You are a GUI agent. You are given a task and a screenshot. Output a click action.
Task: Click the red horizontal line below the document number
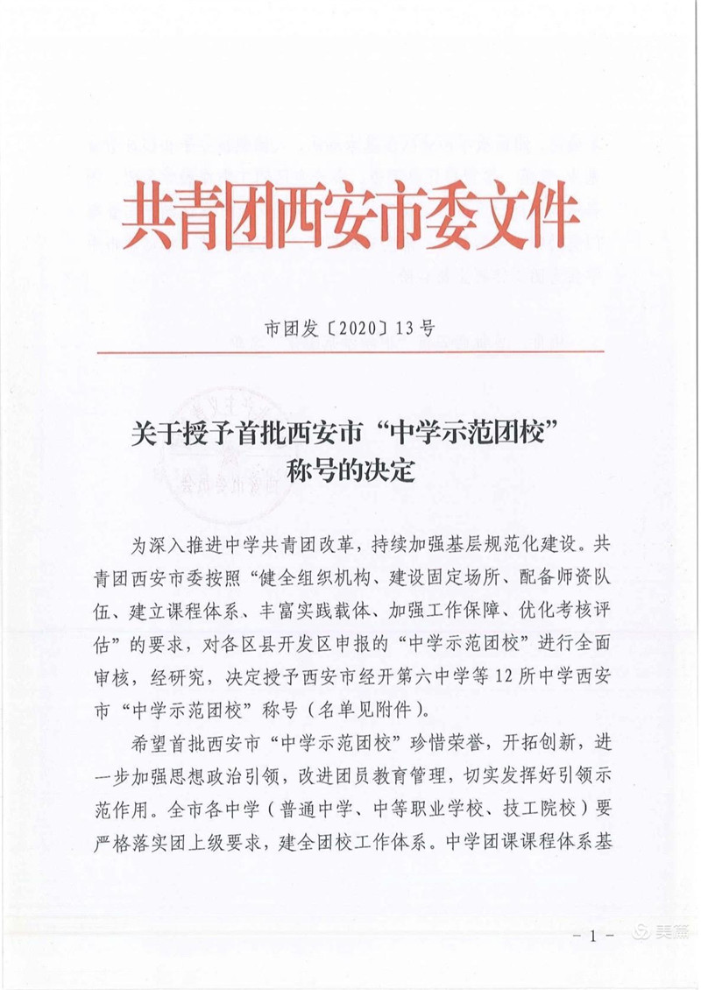pos(350,351)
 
